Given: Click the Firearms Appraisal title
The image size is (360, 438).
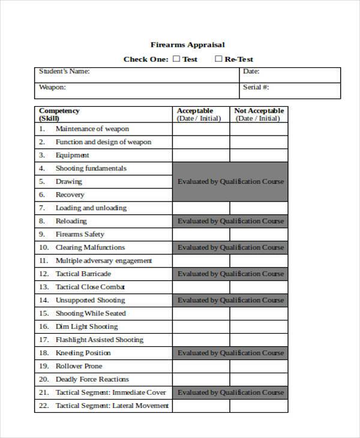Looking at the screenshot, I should [x=187, y=44].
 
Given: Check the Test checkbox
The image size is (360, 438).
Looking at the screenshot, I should [x=176, y=59].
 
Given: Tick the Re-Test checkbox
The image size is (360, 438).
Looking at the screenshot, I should [x=218, y=59].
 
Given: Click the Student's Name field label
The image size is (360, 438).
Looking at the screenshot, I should [x=64, y=71].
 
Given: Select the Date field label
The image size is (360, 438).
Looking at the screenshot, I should [x=251, y=71].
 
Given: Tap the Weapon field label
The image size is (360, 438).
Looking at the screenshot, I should [x=52, y=87].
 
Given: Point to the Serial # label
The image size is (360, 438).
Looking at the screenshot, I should [x=256, y=87].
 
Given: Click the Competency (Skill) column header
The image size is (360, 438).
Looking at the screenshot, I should [x=59, y=114].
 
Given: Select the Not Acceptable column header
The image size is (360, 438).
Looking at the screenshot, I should [x=259, y=114].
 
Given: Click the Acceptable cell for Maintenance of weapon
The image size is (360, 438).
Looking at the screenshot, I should [x=201, y=129].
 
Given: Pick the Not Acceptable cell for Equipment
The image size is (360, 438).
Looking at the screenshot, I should [x=259, y=155].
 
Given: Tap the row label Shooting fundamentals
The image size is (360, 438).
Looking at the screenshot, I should [x=91, y=169].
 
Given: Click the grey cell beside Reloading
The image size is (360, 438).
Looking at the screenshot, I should [x=230, y=221].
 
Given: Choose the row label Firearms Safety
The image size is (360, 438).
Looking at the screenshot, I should [x=80, y=235].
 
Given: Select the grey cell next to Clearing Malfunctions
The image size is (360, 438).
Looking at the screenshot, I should [x=230, y=248].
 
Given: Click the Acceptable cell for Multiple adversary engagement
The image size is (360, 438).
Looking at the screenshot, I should [x=201, y=261].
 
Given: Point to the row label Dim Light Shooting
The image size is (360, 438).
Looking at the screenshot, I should [x=86, y=327].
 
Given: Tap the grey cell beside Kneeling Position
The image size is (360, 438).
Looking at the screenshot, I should [x=230, y=353].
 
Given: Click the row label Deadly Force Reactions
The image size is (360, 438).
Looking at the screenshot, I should [x=92, y=380].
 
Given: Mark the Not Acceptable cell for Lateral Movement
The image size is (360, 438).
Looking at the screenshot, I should [x=259, y=406].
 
